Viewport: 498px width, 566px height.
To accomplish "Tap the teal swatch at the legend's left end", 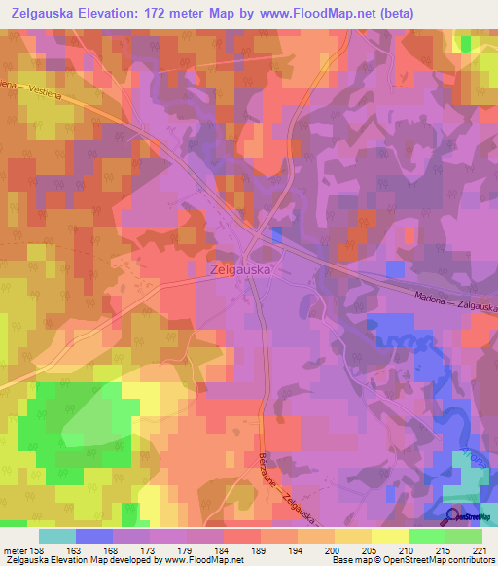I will pos(57,536).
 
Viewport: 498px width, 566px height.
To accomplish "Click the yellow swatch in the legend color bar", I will pos(389,536).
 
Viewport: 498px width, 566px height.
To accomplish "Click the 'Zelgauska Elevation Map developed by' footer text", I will pos(73,560).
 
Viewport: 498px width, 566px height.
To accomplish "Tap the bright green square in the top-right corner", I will pos(464,43).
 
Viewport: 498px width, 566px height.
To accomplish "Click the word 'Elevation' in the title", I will pos(131,14).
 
